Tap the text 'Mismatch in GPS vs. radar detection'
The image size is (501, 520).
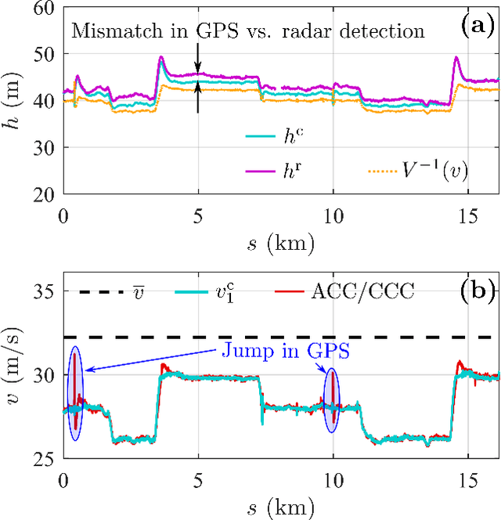pos(248,31)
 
